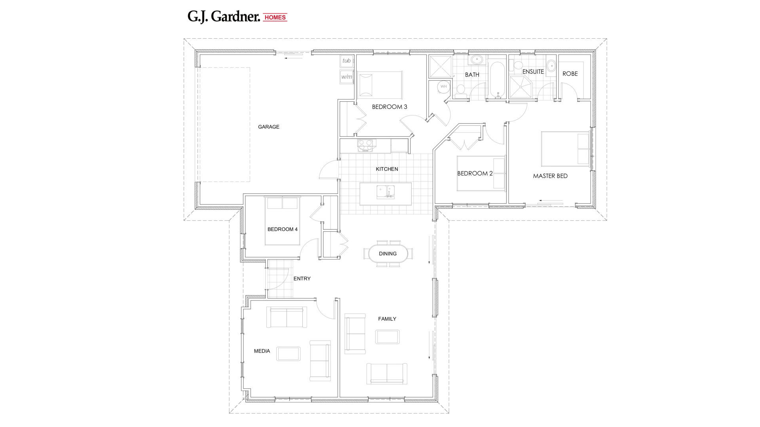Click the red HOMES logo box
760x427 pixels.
pyautogui.click(x=275, y=17)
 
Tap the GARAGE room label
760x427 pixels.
pyautogui.click(x=268, y=127)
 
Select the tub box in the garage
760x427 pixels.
pyautogui.click(x=346, y=61)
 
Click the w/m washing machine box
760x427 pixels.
pyautogui.click(x=346, y=77)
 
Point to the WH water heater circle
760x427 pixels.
pyautogui.click(x=443, y=87)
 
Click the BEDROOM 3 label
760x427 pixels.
pyautogui.click(x=389, y=107)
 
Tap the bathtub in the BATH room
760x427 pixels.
pyautogui.click(x=497, y=79)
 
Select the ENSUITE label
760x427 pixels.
pyautogui.click(x=533, y=72)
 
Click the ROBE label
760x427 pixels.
pyautogui.click(x=570, y=74)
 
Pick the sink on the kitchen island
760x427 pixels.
pyautogui.click(x=385, y=192)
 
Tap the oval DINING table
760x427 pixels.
pyautogui.click(x=388, y=254)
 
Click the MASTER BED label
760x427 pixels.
pyautogui.click(x=550, y=176)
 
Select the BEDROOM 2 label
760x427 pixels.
pyautogui.click(x=475, y=174)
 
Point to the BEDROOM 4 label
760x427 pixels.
pyautogui.click(x=282, y=229)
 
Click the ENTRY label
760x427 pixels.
pyautogui.click(x=302, y=279)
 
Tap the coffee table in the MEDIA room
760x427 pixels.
pyautogui.click(x=288, y=353)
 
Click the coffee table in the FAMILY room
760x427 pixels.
pyautogui.click(x=387, y=337)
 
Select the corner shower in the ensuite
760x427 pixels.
pyautogui.click(x=521, y=87)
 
